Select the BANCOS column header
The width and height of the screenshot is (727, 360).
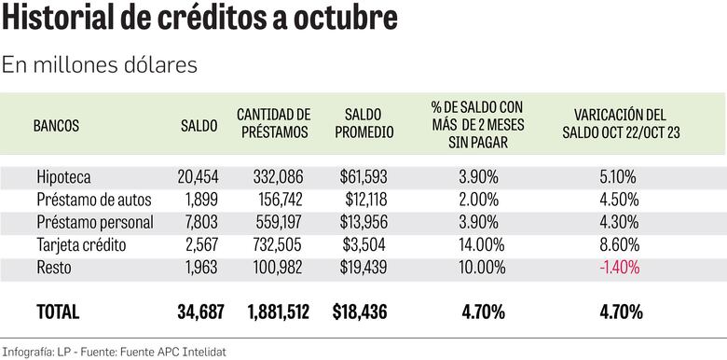click(57, 124)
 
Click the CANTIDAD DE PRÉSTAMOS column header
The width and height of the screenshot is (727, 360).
click(273, 123)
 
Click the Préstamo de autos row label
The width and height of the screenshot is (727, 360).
click(94, 199)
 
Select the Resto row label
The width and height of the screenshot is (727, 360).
click(55, 268)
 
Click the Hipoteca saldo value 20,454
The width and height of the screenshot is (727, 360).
click(197, 175)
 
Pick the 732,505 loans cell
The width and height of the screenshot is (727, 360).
click(281, 244)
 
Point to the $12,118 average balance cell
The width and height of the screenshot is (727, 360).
click(359, 199)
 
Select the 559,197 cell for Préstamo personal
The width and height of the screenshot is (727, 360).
click(281, 222)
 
